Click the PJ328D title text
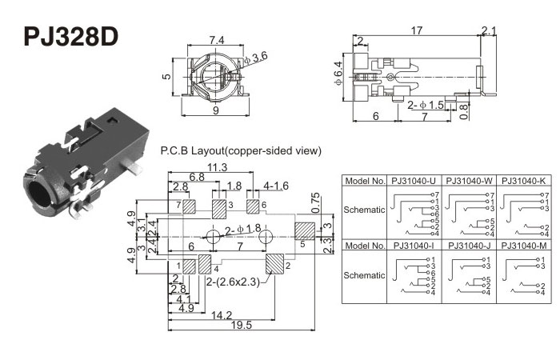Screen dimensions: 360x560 pyautogui.click(x=70, y=38)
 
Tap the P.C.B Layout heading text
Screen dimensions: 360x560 pyautogui.click(x=241, y=150)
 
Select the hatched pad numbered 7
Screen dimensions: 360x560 pyautogui.click(x=190, y=206)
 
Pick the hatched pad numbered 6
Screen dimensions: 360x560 pyautogui.click(x=254, y=206)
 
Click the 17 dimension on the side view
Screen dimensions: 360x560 pyautogui.click(x=416, y=31)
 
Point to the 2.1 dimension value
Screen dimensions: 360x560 pyautogui.click(x=488, y=31)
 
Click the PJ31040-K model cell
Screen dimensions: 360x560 pyautogui.click(x=526, y=182)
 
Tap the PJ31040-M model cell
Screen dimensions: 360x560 pyautogui.click(x=526, y=245)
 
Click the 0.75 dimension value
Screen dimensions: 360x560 pyautogui.click(x=315, y=202)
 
